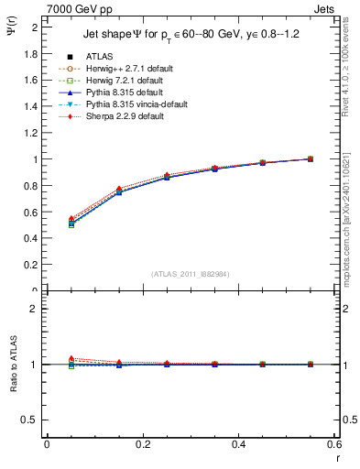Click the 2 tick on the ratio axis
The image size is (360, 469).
pos(35,309)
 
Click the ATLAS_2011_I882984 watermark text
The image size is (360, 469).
pos(190,273)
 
